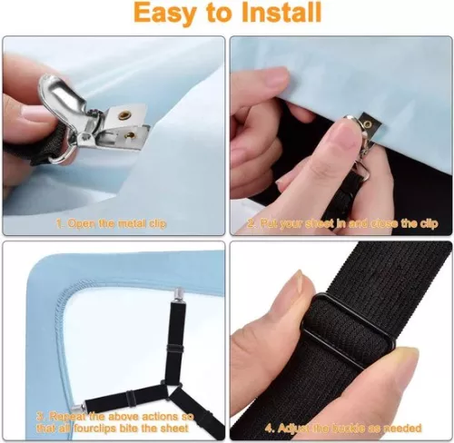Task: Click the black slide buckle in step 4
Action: (x=346, y=322)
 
